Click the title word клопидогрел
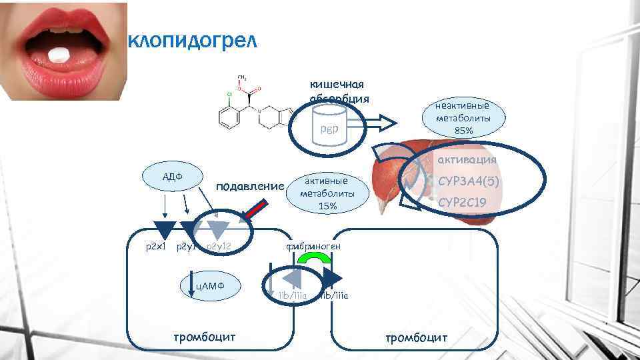tap(191, 42)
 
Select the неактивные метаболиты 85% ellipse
tap(463, 117)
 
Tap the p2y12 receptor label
tap(219, 247)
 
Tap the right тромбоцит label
tap(416, 337)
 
